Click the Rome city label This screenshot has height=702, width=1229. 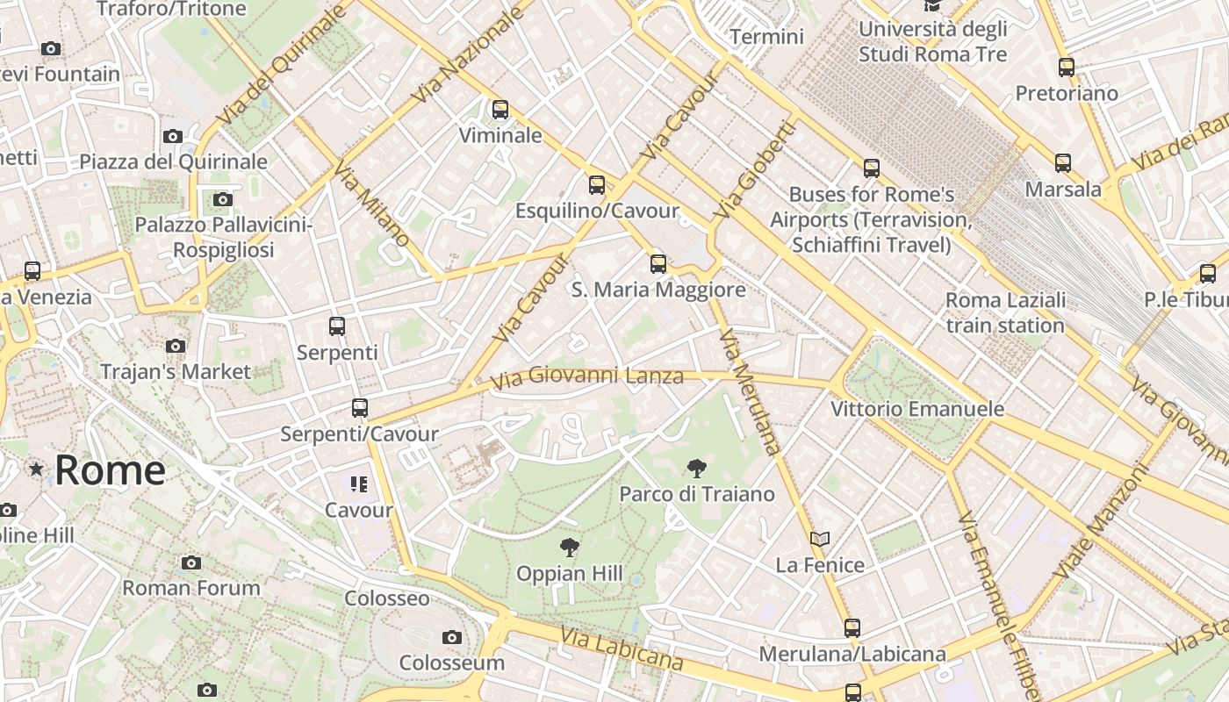pyautogui.click(x=110, y=471)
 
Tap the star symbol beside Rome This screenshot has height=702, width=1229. pyautogui.click(x=36, y=469)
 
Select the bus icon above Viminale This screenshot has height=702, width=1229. pyautogui.click(x=500, y=110)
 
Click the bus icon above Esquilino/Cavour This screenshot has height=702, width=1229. pyautogui.click(x=597, y=184)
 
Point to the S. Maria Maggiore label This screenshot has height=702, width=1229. pyautogui.click(x=658, y=290)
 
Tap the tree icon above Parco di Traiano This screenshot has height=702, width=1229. pyautogui.click(x=697, y=468)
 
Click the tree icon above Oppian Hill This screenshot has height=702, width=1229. pyautogui.click(x=570, y=548)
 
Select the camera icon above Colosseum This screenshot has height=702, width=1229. pyautogui.click(x=452, y=637)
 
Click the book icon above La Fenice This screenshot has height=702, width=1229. pyautogui.click(x=820, y=539)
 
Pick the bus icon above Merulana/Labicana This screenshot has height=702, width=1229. pyautogui.click(x=852, y=628)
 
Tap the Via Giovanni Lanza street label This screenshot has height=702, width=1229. pyautogui.click(x=586, y=377)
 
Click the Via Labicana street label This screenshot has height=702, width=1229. pyautogui.click(x=622, y=650)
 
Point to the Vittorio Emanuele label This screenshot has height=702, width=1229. pyautogui.click(x=917, y=409)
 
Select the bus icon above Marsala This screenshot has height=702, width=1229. pyautogui.click(x=1063, y=162)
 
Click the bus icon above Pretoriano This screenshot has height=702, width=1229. pyautogui.click(x=1067, y=67)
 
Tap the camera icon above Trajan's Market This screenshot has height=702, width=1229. pyautogui.click(x=176, y=346)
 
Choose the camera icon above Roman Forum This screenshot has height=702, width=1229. pyautogui.click(x=191, y=562)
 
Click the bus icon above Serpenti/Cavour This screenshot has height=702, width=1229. pyautogui.click(x=359, y=408)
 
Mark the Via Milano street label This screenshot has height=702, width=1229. pyautogui.click(x=371, y=205)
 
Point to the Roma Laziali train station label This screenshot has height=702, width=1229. pyautogui.click(x=1005, y=312)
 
